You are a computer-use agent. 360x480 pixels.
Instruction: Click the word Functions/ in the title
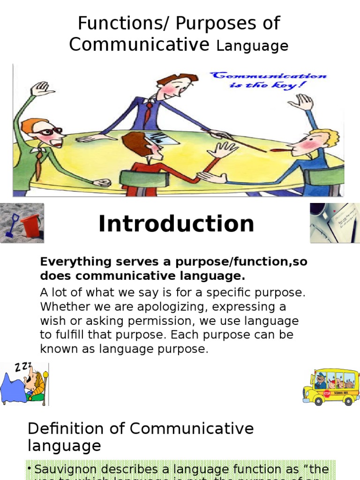point(113,23)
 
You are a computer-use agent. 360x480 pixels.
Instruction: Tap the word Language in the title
point(252,46)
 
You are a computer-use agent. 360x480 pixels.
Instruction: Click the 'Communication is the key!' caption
point(268,80)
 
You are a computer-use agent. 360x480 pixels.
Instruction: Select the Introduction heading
point(176,224)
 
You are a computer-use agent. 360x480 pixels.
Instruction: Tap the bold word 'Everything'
point(69,262)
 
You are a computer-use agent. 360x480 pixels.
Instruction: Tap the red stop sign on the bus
point(327,393)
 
